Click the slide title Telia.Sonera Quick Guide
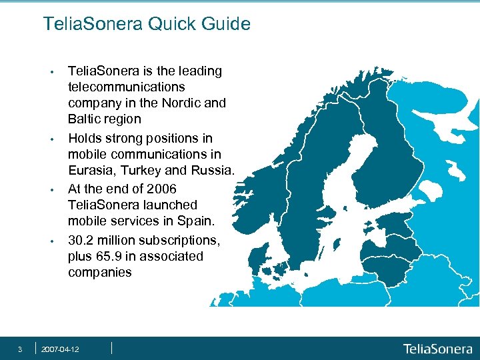pos(147,25)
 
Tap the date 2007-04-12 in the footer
pos(60,349)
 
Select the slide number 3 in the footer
pos(20,349)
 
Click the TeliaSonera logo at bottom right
pos(437,349)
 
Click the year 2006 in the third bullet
pos(161,188)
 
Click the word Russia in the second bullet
pos(214,171)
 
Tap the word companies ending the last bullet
pos(100,273)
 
